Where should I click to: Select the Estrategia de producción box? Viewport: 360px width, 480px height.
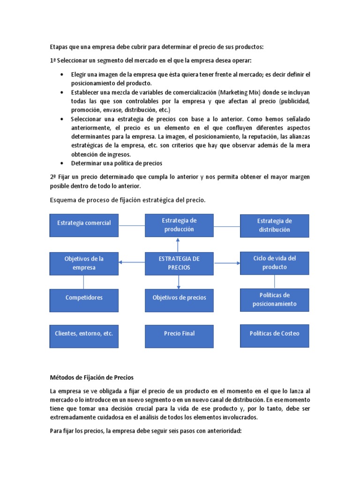pos(179,225)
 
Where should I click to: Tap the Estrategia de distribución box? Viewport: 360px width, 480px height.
pos(274,225)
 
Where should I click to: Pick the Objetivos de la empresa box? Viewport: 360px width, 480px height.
pos(84,263)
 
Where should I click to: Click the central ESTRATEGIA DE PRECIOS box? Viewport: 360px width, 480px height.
pos(179,263)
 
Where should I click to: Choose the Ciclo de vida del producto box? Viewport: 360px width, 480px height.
pos(274,263)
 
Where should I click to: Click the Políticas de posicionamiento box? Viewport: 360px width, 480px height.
pos(274,300)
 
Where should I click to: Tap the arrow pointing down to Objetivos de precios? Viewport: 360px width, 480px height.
pos(178,281)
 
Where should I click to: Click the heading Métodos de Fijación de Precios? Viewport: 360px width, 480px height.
pos(92,377)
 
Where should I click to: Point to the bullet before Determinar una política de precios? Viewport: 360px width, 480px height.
pos(63,164)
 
